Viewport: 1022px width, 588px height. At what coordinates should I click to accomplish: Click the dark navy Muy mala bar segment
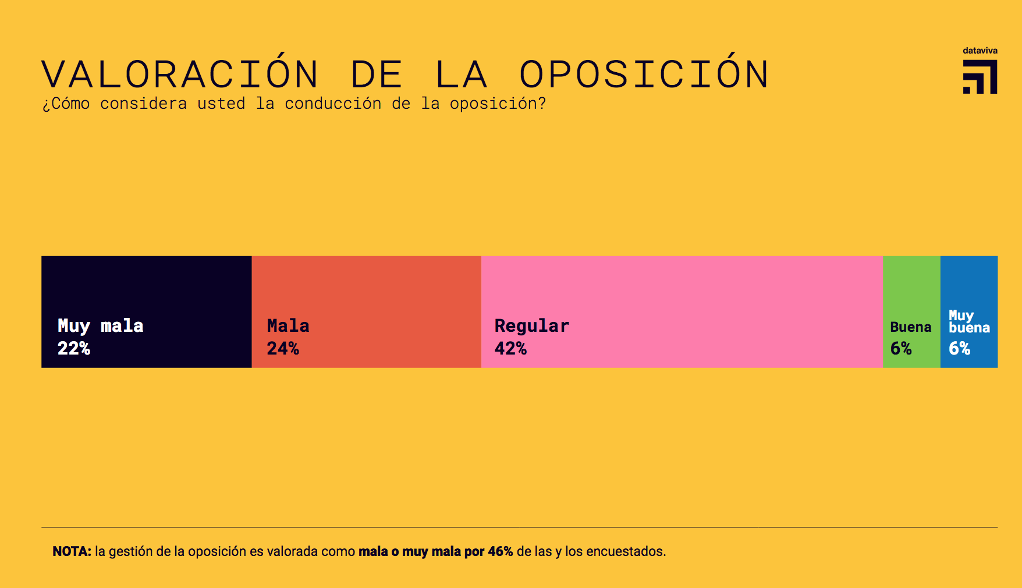[146, 285]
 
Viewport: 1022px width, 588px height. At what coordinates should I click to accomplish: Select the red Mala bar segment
[366, 285]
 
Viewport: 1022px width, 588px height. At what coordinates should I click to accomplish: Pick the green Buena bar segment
[911, 285]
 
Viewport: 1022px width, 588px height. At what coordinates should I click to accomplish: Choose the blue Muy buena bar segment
[969, 285]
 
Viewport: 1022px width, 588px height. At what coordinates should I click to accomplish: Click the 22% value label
[74, 348]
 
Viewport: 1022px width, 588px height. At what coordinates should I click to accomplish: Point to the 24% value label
[283, 348]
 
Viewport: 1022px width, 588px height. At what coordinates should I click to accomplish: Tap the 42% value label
[510, 348]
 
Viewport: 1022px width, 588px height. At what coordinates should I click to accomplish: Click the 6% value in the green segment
[901, 348]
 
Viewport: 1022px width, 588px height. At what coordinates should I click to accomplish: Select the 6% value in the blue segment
[960, 348]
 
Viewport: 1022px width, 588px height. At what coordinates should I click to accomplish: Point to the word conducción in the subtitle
[333, 104]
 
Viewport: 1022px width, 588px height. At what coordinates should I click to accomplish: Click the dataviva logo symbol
[980, 77]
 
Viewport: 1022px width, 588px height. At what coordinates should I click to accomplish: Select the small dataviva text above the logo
[980, 51]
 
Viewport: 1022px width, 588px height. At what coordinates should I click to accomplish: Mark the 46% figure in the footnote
[501, 551]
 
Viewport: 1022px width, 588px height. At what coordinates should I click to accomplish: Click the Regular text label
[531, 326]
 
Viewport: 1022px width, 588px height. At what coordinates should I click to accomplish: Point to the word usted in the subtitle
[221, 104]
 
